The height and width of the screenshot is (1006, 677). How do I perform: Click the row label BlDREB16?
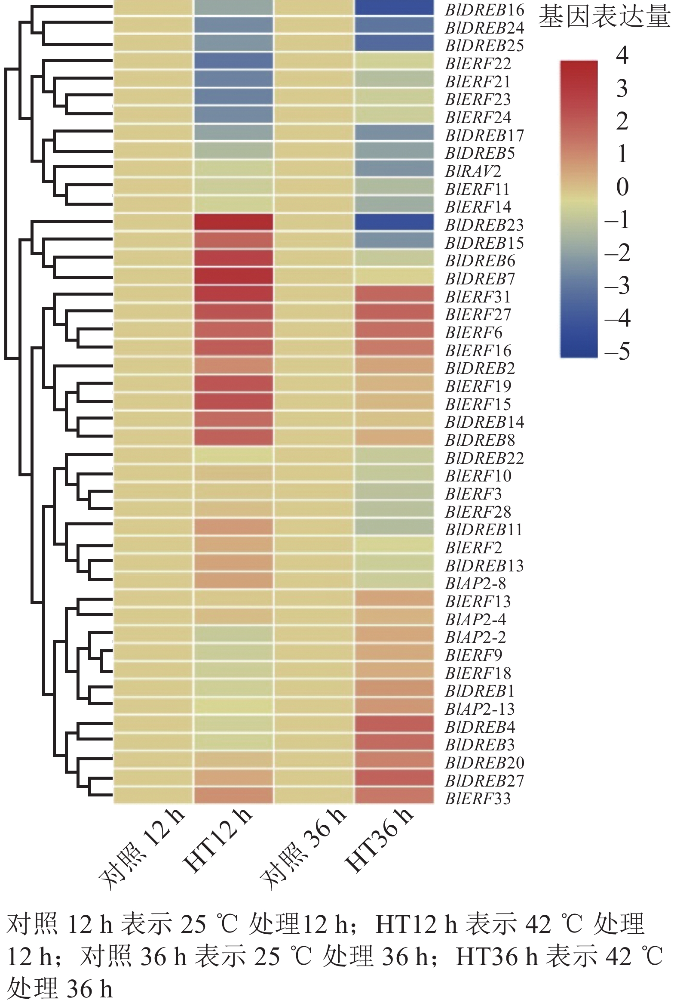484,9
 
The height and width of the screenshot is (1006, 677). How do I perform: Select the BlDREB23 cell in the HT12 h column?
233,222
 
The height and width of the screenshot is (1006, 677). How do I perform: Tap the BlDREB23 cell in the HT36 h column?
394,222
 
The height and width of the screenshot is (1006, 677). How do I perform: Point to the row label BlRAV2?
473,172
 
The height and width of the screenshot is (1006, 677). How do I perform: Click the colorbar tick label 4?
622,56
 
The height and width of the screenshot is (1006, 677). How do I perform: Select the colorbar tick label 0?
622,187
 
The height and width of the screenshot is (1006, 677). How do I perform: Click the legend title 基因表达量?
604,18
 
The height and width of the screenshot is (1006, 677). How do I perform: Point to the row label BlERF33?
478,798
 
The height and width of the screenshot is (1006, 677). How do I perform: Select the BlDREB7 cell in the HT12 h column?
233,276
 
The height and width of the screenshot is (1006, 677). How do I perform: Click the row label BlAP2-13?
480,709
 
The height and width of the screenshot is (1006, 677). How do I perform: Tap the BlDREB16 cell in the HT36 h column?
394,7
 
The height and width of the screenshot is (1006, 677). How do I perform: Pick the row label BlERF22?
478,64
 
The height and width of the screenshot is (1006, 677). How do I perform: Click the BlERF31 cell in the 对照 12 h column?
153,294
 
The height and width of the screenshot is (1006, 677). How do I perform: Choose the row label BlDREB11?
484,529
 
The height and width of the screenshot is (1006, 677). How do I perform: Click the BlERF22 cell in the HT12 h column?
233,61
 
